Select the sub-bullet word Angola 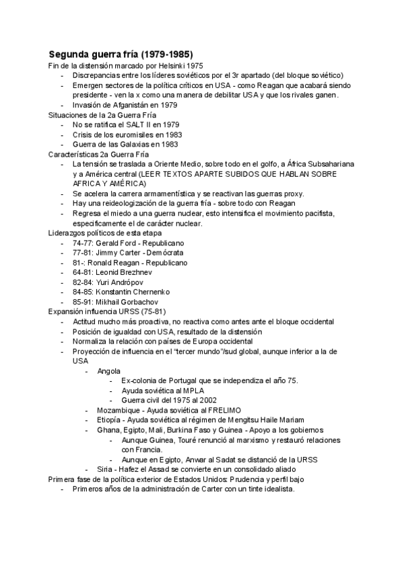tap(109, 370)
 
